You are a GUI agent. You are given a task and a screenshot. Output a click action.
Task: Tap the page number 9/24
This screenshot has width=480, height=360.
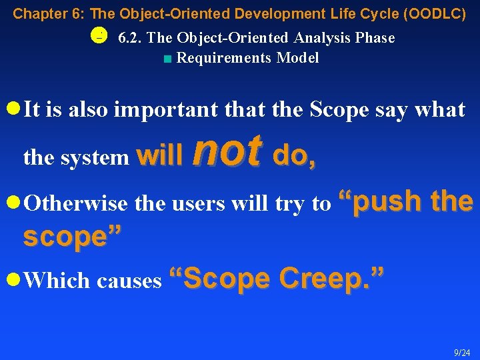(x=461, y=352)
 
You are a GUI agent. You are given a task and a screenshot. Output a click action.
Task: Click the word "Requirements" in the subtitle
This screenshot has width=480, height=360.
(x=224, y=59)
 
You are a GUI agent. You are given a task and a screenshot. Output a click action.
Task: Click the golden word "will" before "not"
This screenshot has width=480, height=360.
(x=159, y=157)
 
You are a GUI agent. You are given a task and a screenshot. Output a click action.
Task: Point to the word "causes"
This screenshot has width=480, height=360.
(x=129, y=281)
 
